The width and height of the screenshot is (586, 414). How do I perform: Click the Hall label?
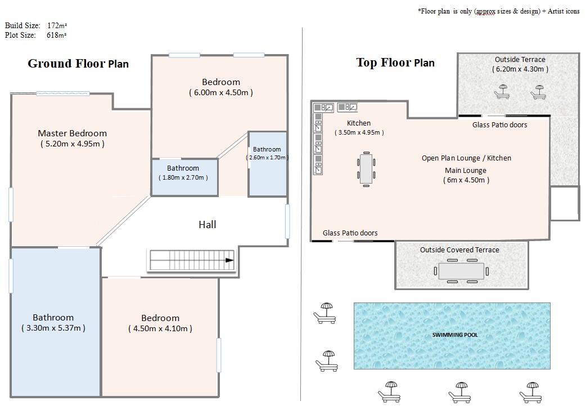tap(208, 225)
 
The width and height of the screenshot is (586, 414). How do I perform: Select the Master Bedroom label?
tap(73, 133)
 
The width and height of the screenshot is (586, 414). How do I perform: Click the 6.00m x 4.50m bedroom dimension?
tap(221, 92)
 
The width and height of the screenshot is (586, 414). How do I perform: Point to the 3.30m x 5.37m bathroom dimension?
tap(53, 328)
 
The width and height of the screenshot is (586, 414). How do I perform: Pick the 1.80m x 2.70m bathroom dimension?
tap(183, 177)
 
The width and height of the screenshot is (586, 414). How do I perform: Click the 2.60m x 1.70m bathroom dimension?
tap(267, 158)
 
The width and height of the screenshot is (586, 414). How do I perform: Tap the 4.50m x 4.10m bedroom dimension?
tap(160, 328)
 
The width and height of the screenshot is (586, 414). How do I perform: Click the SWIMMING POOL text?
tap(455, 335)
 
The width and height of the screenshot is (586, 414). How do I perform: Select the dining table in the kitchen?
tap(366, 169)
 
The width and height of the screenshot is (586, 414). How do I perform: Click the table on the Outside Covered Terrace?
tap(461, 271)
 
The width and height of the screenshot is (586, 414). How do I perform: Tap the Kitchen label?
tap(359, 123)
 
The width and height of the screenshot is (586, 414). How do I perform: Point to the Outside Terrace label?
tap(520, 60)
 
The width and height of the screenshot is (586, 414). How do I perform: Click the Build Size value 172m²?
tap(57, 25)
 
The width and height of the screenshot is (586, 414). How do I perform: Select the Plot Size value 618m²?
tap(57, 35)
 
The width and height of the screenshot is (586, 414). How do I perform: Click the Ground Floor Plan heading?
tap(78, 64)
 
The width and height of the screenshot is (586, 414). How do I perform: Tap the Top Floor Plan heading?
tap(395, 63)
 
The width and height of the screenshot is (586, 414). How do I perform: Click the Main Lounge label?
tap(466, 170)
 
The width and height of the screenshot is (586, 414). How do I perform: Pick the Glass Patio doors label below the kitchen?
tap(350, 233)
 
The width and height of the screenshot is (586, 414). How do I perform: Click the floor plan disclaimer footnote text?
tap(498, 11)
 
